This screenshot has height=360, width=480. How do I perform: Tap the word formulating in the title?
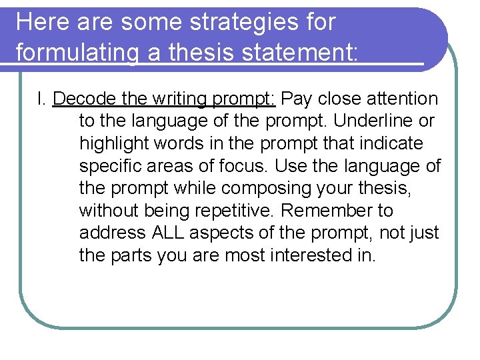click(x=76, y=51)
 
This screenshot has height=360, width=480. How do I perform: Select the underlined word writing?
click(x=179, y=99)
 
